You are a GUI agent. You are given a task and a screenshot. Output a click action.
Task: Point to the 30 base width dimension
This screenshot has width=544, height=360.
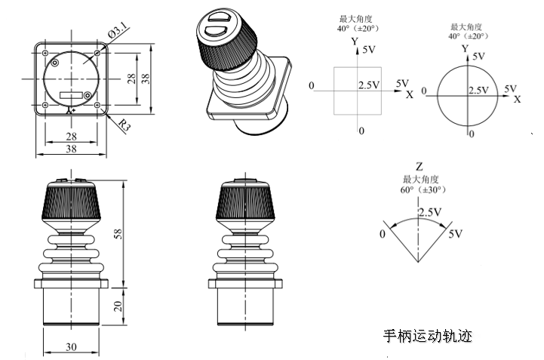coord(70,346)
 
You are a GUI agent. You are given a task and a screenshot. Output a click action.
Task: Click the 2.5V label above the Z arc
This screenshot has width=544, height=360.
coord(429,213)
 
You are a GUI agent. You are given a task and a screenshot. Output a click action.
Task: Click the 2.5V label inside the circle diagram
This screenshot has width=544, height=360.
coord(479,91)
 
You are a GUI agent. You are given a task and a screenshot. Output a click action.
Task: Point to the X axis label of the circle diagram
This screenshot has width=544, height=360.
coord(518,100)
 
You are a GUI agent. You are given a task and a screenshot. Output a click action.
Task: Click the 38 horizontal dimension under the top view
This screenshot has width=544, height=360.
coord(70,149)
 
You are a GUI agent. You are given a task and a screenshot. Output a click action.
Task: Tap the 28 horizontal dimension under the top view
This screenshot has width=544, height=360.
coord(70,135)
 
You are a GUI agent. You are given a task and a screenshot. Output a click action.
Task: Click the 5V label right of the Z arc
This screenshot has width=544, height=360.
coord(455,235)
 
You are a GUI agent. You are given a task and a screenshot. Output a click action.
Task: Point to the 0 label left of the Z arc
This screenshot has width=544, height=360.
coord(382,235)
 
